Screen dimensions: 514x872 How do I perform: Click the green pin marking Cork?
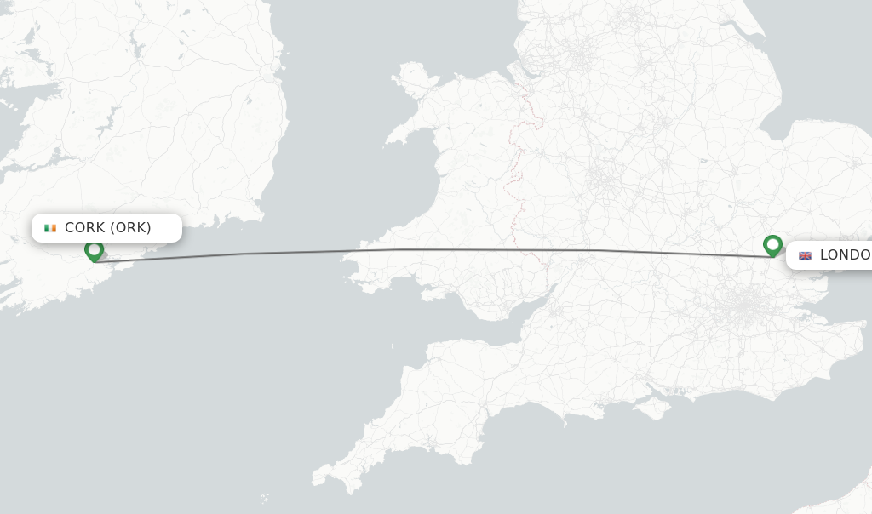coord(94,250)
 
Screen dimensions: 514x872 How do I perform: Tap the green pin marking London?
coord(772,245)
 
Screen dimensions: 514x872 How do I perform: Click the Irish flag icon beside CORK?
coord(50,228)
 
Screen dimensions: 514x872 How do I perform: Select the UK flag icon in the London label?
coord(805,255)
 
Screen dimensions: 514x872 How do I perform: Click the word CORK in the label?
coord(85,228)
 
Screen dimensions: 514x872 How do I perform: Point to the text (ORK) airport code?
coord(131,228)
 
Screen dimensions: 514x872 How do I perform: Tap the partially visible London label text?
coord(845,255)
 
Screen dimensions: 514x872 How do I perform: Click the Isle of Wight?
coord(655,408)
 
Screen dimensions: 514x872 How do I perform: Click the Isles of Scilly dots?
coord(265,498)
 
